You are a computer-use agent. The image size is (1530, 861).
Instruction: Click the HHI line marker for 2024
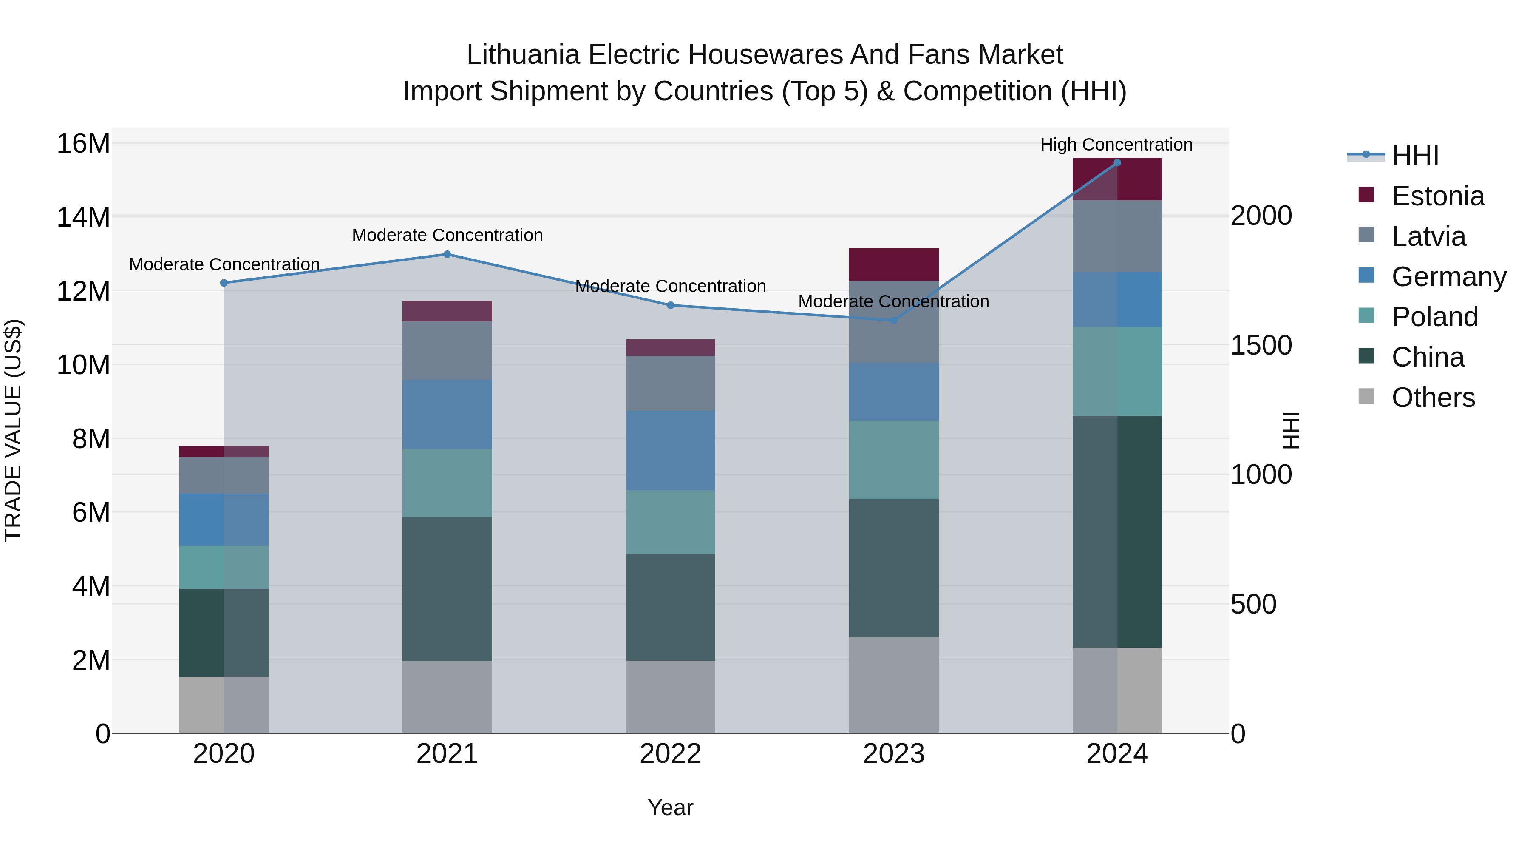tap(1116, 163)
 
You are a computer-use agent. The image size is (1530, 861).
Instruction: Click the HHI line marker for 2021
tap(447, 254)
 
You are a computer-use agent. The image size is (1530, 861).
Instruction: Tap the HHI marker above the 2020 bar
tap(224, 283)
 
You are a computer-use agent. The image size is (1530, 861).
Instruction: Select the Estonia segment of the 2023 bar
tap(893, 264)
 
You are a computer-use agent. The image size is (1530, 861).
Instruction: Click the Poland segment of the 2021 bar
tap(447, 483)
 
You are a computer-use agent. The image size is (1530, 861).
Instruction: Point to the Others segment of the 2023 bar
tap(893, 685)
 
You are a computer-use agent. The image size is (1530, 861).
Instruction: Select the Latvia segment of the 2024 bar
tap(1116, 236)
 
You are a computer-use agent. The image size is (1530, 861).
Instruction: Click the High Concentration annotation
tap(1116, 145)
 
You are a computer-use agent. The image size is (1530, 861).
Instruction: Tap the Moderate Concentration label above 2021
tap(447, 235)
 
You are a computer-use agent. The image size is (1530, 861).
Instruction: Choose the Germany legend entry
tap(1448, 277)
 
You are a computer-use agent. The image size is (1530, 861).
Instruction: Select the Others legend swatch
tap(1366, 396)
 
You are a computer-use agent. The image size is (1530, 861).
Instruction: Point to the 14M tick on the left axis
tap(83, 217)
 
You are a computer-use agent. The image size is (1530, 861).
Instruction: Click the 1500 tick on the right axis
tap(1261, 345)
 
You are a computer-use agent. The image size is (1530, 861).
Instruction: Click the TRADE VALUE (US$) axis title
tap(13, 430)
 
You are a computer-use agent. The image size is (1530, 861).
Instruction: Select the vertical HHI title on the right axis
tap(1291, 430)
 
